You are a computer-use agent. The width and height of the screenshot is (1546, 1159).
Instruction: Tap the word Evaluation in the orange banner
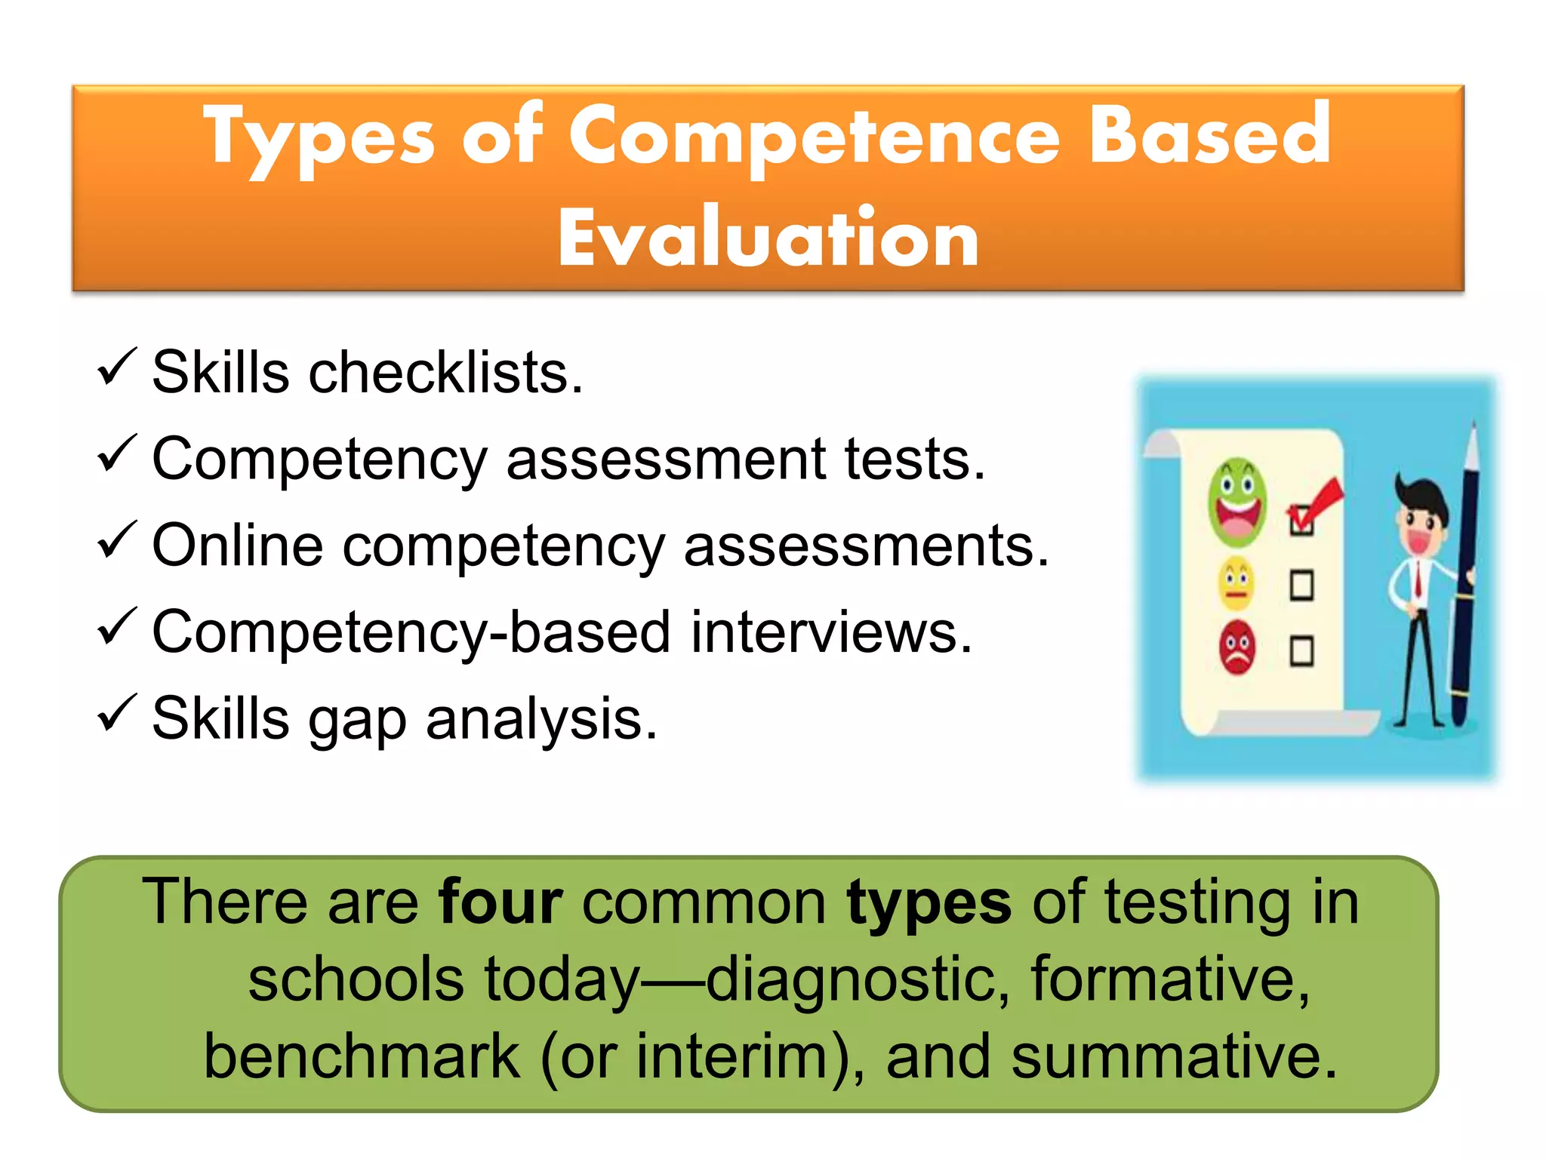coord(768,239)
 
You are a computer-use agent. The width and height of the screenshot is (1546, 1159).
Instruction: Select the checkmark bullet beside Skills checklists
coord(116,367)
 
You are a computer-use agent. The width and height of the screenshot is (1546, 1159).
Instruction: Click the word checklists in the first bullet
coord(445,372)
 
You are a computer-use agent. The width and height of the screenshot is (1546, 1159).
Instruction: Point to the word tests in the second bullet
coord(913,459)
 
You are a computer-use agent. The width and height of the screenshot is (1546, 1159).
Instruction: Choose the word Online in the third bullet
coord(237,546)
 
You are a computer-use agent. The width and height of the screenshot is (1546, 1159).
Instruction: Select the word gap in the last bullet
coord(355,719)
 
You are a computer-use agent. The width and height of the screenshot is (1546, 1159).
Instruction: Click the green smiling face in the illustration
coord(1236,502)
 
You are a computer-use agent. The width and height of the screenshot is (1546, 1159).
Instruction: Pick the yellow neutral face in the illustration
coord(1236,584)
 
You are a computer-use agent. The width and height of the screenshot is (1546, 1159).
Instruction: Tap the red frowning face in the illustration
coord(1236,647)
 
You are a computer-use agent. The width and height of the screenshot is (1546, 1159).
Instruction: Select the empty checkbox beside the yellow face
coord(1301,586)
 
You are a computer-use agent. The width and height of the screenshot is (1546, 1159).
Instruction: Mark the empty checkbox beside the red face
coord(1301,651)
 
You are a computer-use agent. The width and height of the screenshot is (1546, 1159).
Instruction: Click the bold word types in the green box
coord(928,903)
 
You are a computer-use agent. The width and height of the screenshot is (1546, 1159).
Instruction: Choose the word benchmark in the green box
coord(362,1056)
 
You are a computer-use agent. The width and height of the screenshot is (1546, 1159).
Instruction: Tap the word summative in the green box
coord(1174,1056)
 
